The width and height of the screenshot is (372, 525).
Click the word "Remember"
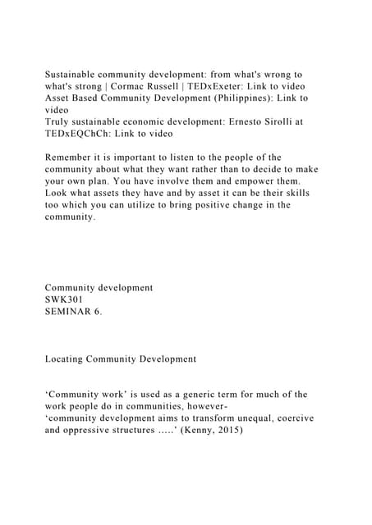coord(74,157)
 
